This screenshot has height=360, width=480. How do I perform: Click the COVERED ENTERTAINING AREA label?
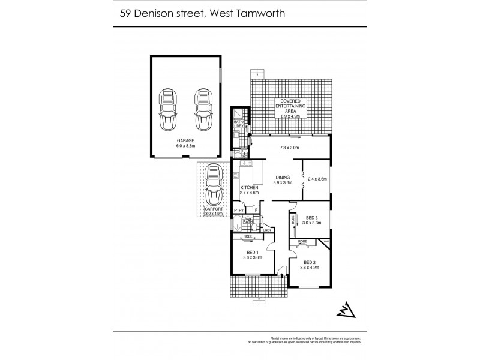pyautogui.click(x=290, y=106)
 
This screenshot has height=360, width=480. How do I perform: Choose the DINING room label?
pyautogui.click(x=283, y=178)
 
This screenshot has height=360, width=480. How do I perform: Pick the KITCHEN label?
pyautogui.click(x=250, y=189)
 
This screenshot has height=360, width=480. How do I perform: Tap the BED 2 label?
pyautogui.click(x=310, y=262)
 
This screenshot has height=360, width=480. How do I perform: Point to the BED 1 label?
pyautogui.click(x=253, y=253)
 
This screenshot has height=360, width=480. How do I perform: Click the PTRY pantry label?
pyautogui.click(x=238, y=211)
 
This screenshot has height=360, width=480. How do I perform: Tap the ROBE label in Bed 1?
pyautogui.click(x=248, y=237)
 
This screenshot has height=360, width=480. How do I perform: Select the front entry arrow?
pyautogui.click(x=281, y=276)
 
